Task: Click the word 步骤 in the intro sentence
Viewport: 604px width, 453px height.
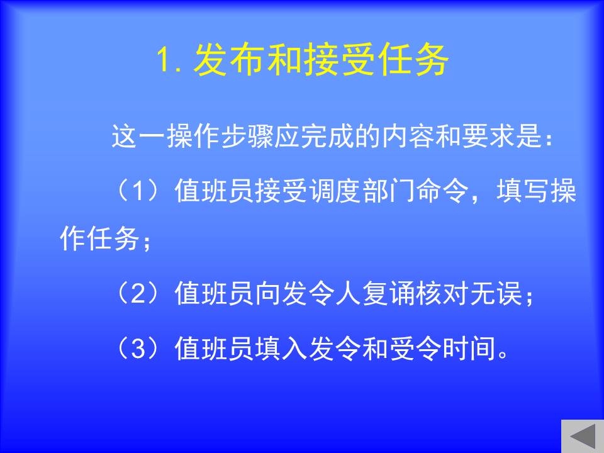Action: tap(247, 137)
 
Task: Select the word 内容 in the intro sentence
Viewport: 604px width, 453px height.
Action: tap(408, 137)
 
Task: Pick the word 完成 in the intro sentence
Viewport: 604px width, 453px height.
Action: tap(327, 137)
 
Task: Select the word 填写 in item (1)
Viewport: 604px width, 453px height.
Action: tap(522, 191)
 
